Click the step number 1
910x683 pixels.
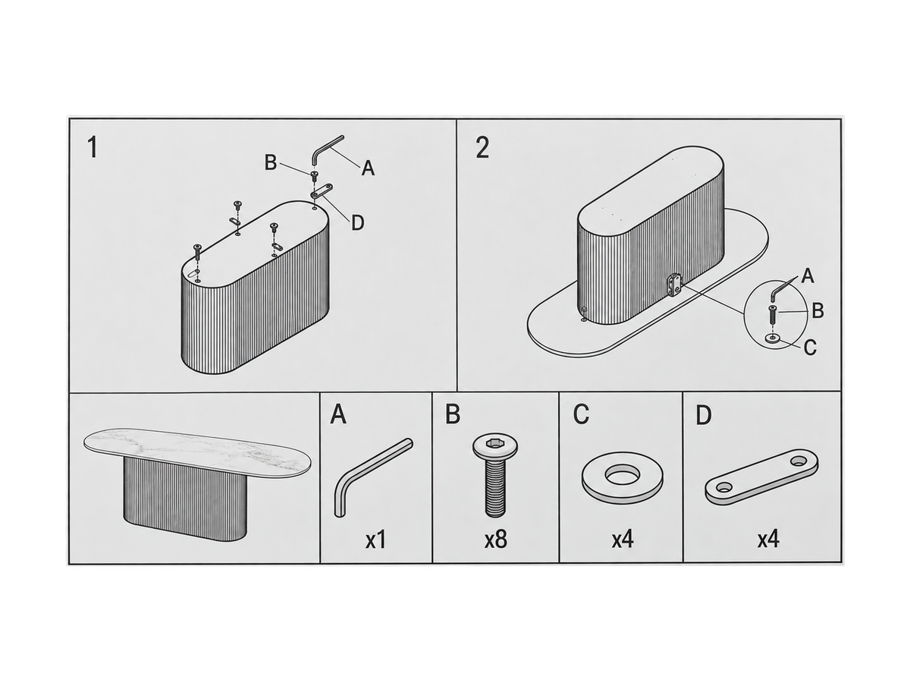tap(93, 148)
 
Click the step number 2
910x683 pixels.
tap(482, 148)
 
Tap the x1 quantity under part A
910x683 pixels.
tap(375, 540)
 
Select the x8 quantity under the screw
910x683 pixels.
tap(496, 540)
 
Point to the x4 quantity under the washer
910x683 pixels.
tap(623, 540)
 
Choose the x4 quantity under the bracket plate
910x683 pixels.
tap(768, 540)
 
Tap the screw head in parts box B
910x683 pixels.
tap(495, 445)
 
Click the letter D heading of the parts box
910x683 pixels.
tap(704, 415)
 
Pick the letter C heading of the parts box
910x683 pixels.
tap(581, 415)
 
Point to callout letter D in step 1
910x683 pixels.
tap(358, 223)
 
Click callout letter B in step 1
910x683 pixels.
tap(271, 162)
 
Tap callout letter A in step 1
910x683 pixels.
tap(368, 168)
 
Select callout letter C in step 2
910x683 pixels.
tap(810, 348)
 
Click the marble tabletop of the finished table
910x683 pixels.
tap(197, 450)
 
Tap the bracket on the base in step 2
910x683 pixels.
tap(673, 285)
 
